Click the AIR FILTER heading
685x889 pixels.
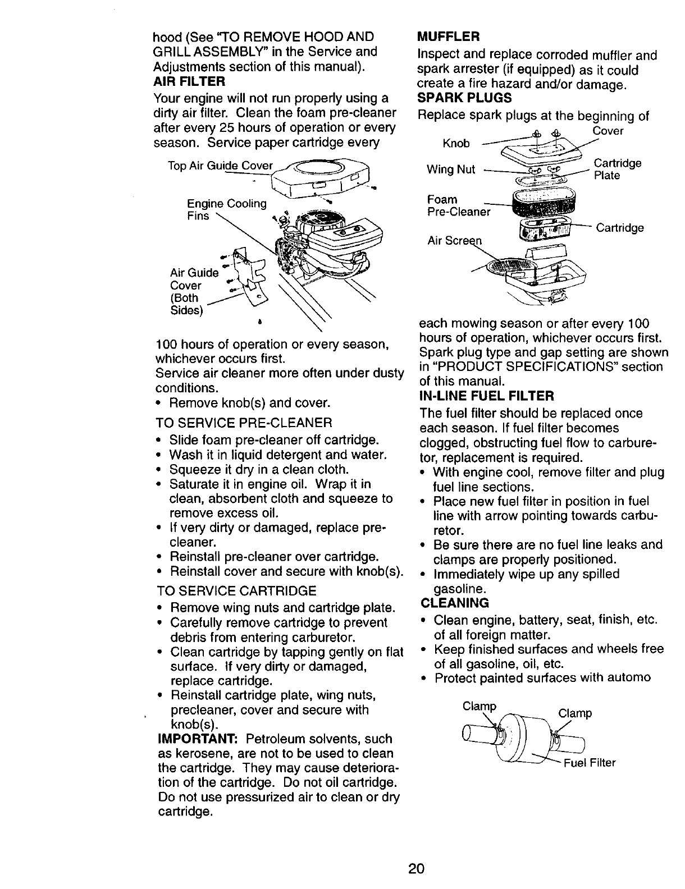click(189, 82)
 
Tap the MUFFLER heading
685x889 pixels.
click(449, 37)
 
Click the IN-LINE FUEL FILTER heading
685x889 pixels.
click(487, 396)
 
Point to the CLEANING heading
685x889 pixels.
click(454, 603)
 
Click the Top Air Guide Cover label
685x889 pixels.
click(220, 166)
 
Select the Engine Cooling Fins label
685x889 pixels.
click(226, 209)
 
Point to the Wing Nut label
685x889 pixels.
click(451, 169)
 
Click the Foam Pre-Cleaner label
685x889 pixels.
click(458, 205)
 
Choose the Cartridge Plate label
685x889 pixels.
click(617, 169)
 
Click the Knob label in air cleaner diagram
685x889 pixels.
click(456, 143)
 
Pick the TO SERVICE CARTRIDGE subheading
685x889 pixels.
click(236, 590)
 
